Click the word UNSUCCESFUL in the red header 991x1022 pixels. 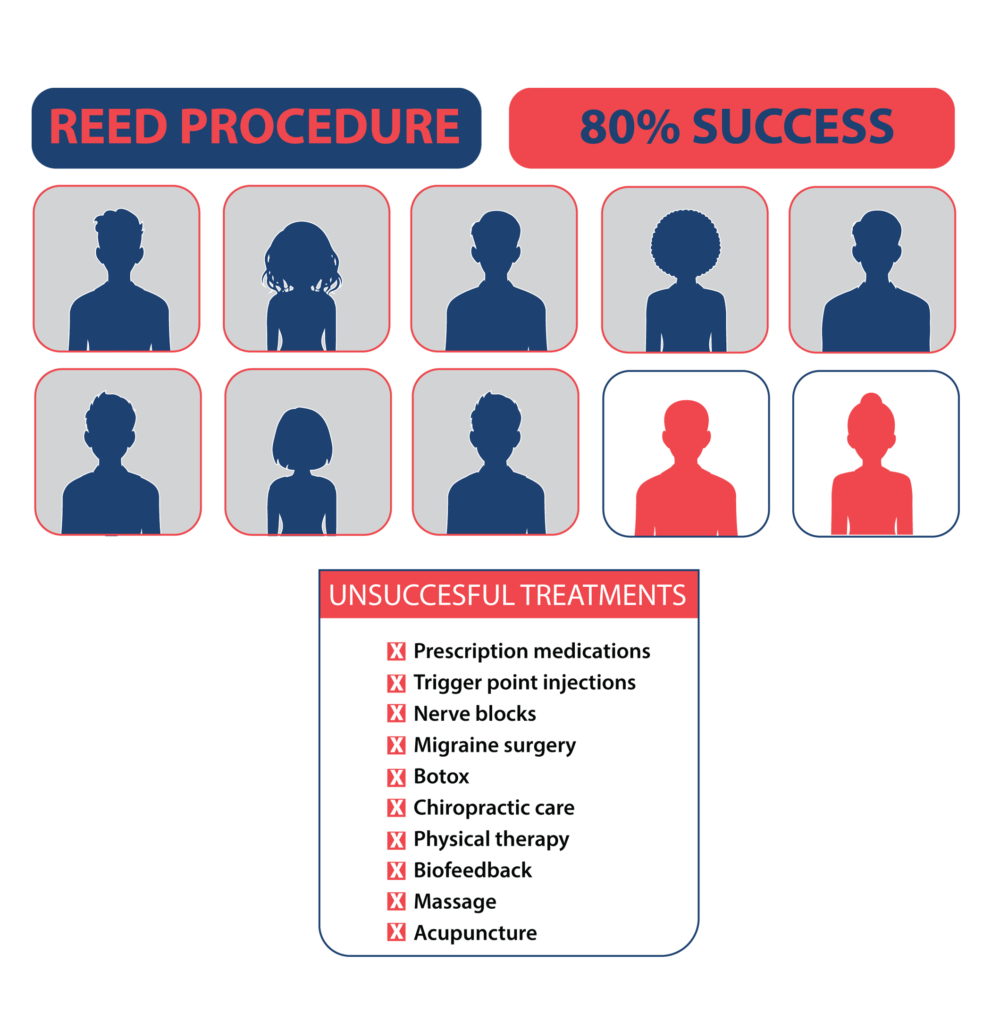422,595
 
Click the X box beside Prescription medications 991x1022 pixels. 396,651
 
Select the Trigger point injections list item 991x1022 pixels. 524,683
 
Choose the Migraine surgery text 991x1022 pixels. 494,746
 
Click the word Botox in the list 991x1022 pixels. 441,777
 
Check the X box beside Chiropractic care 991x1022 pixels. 396,808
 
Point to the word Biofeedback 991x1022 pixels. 472,871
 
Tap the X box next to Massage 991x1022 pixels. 396,902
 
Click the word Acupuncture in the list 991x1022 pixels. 475,933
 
